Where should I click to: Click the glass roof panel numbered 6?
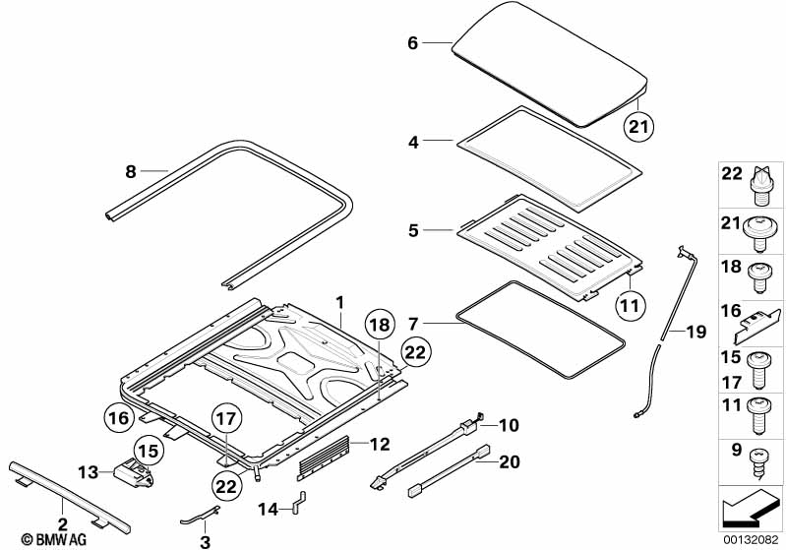point(551,64)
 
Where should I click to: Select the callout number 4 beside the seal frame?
point(414,143)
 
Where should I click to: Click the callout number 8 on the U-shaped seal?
point(131,171)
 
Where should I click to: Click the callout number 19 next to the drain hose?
point(695,333)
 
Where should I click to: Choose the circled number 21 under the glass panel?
point(640,124)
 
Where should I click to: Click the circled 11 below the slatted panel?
point(630,304)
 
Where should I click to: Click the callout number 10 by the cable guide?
point(508,425)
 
